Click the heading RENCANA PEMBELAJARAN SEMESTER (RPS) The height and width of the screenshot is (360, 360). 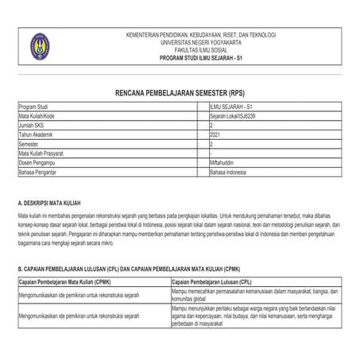[180, 92]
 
